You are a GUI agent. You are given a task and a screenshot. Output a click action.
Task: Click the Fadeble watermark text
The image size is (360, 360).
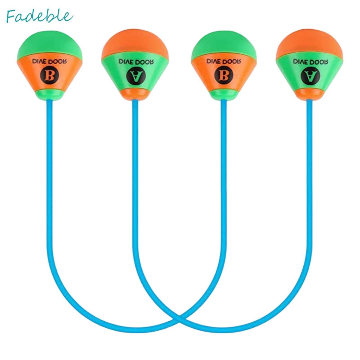[39, 16]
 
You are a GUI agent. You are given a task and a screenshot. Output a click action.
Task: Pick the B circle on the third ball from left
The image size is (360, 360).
[223, 74]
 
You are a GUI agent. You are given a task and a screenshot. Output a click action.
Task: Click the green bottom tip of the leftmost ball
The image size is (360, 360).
[49, 95]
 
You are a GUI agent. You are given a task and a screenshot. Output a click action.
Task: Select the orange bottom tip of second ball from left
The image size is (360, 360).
[135, 95]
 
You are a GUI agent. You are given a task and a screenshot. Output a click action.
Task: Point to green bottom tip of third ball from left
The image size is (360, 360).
[223, 94]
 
